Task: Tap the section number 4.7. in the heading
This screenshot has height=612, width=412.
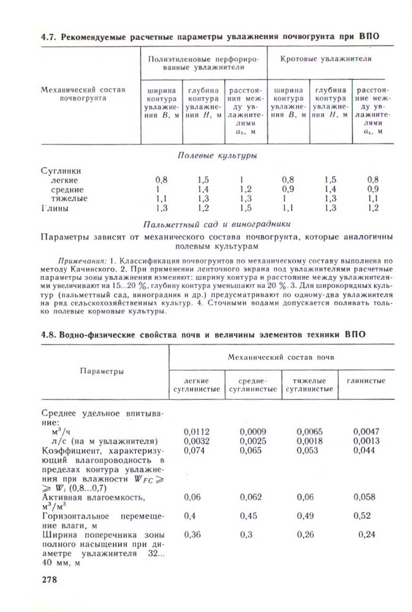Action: (x=49, y=36)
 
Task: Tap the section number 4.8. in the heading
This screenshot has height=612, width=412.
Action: (x=49, y=335)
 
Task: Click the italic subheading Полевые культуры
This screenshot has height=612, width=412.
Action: (x=217, y=156)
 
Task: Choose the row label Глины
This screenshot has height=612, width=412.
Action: (x=55, y=208)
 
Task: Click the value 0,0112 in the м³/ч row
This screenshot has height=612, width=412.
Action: (x=197, y=431)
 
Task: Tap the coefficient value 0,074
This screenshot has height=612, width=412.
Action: (x=195, y=450)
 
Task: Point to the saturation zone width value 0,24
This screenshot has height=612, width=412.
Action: (x=368, y=534)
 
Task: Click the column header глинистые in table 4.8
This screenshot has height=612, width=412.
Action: (x=366, y=381)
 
